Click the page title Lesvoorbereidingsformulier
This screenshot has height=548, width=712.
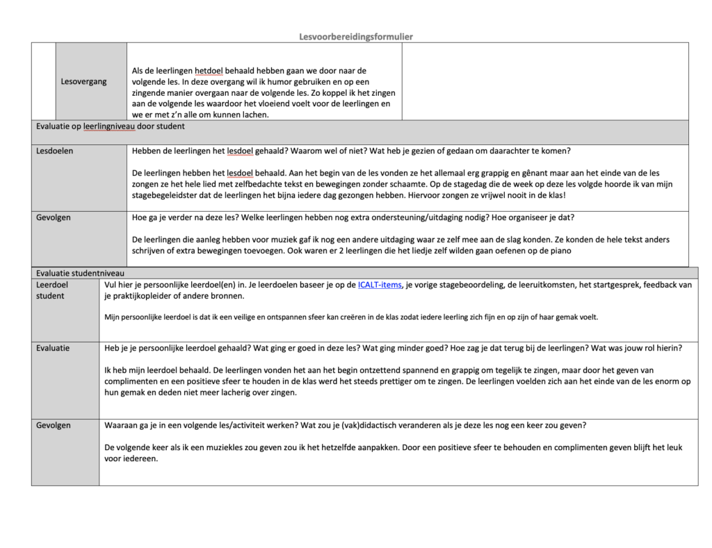click(x=356, y=37)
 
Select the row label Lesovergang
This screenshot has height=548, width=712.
click(x=83, y=81)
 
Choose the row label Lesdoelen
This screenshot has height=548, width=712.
click(x=55, y=151)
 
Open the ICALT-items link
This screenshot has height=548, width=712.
click(x=380, y=285)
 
